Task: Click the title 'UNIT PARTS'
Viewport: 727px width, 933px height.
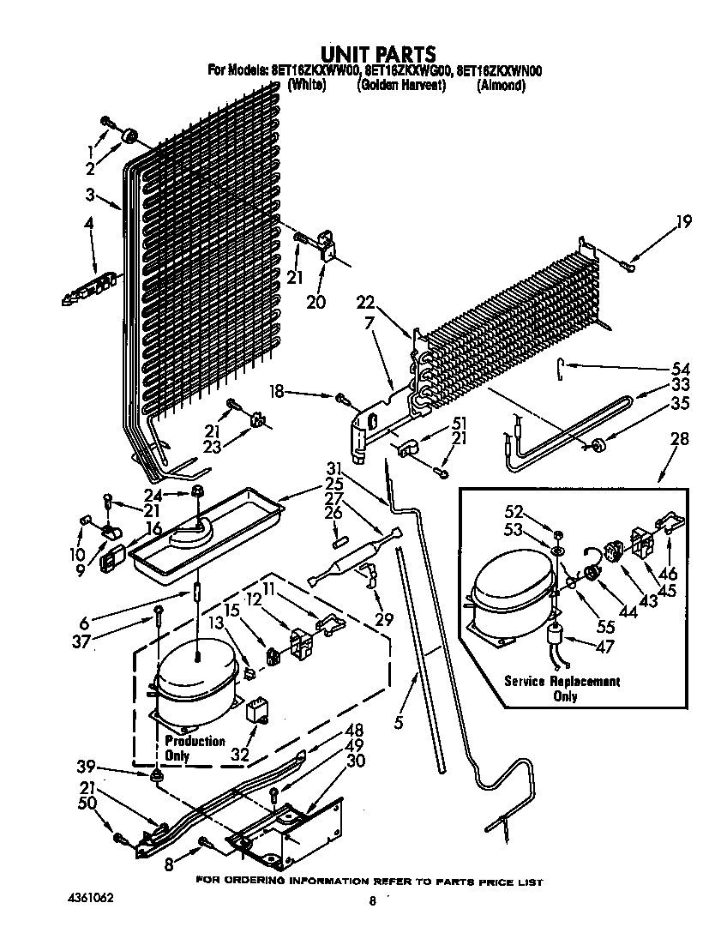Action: [377, 55]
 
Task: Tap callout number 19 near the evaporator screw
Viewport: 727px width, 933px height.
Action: [682, 223]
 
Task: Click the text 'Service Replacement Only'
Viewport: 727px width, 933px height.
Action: [562, 689]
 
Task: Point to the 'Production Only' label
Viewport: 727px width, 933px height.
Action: [195, 748]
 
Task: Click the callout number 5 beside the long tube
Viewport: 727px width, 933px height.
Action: [399, 722]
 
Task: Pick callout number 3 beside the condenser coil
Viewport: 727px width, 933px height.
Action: [90, 195]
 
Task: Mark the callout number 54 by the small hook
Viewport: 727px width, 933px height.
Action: [682, 368]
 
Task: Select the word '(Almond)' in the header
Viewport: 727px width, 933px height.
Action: [501, 86]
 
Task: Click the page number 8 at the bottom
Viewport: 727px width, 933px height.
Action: [372, 901]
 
